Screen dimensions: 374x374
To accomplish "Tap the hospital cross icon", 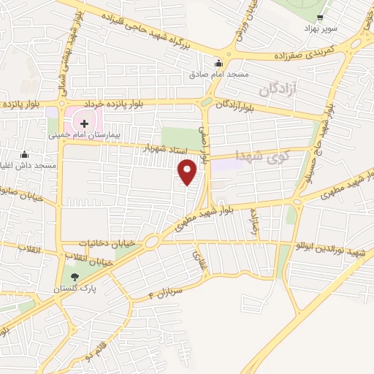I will pyautogui.click(x=84, y=123).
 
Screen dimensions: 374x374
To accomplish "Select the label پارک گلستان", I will pyautogui.click(x=75, y=289).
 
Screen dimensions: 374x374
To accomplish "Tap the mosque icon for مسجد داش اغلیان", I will pyautogui.click(x=25, y=154).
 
